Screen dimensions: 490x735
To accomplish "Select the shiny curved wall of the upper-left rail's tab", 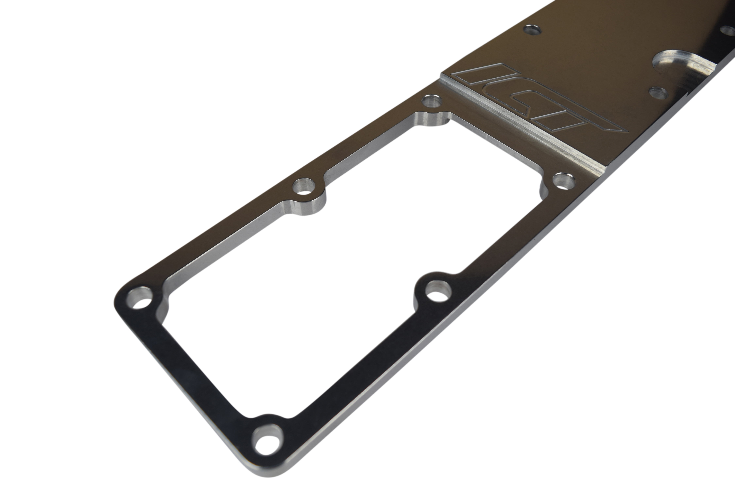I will (308, 206).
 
